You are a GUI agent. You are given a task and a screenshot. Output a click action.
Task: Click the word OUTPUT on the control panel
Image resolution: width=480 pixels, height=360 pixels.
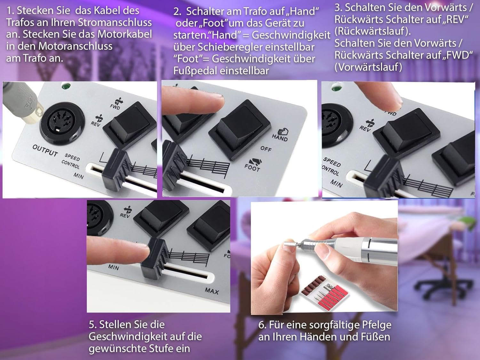45,150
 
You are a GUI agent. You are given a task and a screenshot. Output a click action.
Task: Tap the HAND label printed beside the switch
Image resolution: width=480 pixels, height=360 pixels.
280,138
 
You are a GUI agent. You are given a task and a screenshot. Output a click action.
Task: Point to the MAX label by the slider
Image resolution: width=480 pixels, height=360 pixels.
212,291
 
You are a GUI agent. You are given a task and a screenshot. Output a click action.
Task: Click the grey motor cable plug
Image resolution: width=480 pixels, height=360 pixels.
21,100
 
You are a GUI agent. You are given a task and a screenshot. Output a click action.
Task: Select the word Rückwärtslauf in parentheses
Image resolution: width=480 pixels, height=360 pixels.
372,31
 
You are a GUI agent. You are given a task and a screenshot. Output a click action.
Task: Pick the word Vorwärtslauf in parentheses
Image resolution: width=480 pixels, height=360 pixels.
368,67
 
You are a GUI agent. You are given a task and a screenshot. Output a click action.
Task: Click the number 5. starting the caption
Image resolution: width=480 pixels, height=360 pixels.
92,324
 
